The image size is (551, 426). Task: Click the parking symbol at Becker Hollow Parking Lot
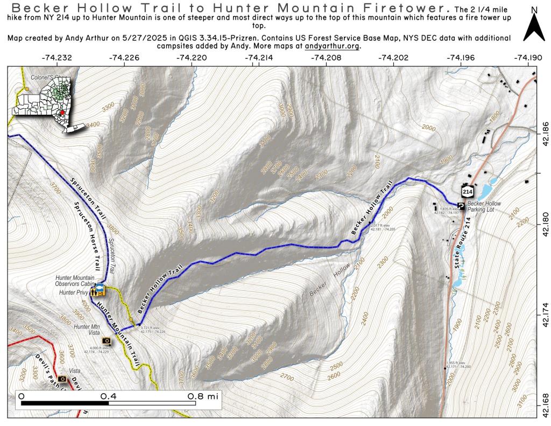461,206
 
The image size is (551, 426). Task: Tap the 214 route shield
467,192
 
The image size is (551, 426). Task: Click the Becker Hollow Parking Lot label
484,207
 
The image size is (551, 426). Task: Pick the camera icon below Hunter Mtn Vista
106,340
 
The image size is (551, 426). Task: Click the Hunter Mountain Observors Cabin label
75,281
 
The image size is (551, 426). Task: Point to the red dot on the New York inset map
63,113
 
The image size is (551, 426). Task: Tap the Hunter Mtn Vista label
89,327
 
